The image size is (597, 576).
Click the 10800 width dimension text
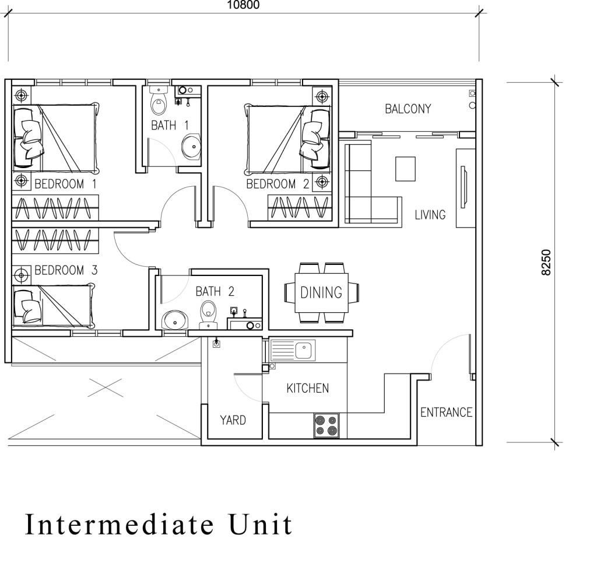pyautogui.click(x=243, y=5)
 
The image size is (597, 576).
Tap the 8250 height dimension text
pyautogui.click(x=546, y=262)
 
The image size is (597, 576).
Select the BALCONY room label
pyautogui.click(x=408, y=109)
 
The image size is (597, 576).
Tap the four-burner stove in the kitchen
pyautogui.click(x=326, y=425)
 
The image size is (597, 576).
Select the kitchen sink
pyautogui.click(x=293, y=350)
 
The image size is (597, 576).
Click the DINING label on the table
pyautogui.click(x=321, y=293)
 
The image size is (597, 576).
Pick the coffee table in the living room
pyautogui.click(x=405, y=169)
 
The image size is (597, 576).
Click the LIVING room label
pyautogui.click(x=430, y=215)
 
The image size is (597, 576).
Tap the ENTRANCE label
pyautogui.click(x=446, y=412)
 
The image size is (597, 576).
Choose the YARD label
pyautogui.click(x=233, y=420)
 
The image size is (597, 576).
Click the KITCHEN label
pyautogui.click(x=307, y=389)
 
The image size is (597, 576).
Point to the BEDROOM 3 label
pyautogui.click(x=66, y=270)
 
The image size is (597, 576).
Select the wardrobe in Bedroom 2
pyautogui.click(x=300, y=208)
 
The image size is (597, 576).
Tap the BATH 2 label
pyautogui.click(x=215, y=292)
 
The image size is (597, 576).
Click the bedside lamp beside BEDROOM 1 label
pyautogui.click(x=22, y=180)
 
